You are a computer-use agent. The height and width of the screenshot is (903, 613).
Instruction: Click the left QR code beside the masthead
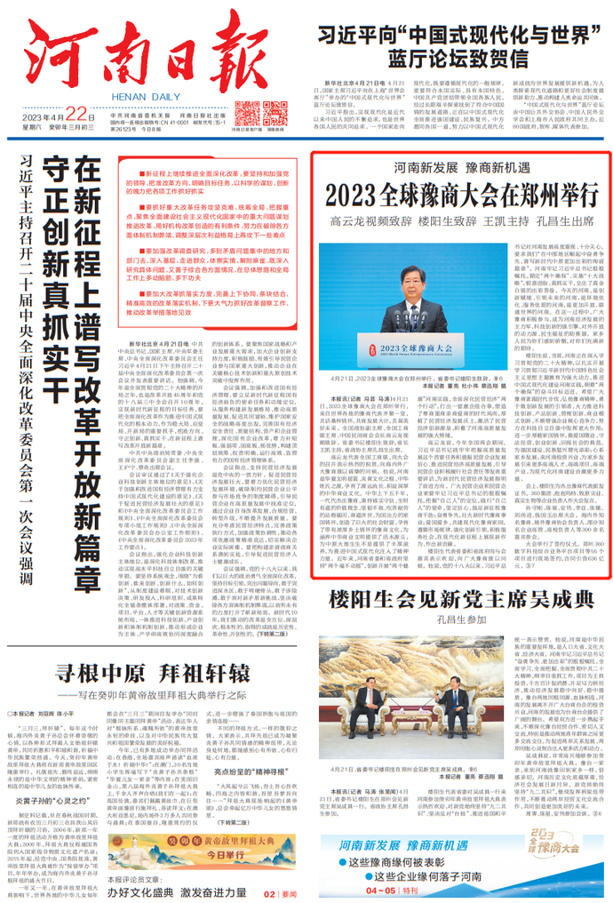pos(243,113)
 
